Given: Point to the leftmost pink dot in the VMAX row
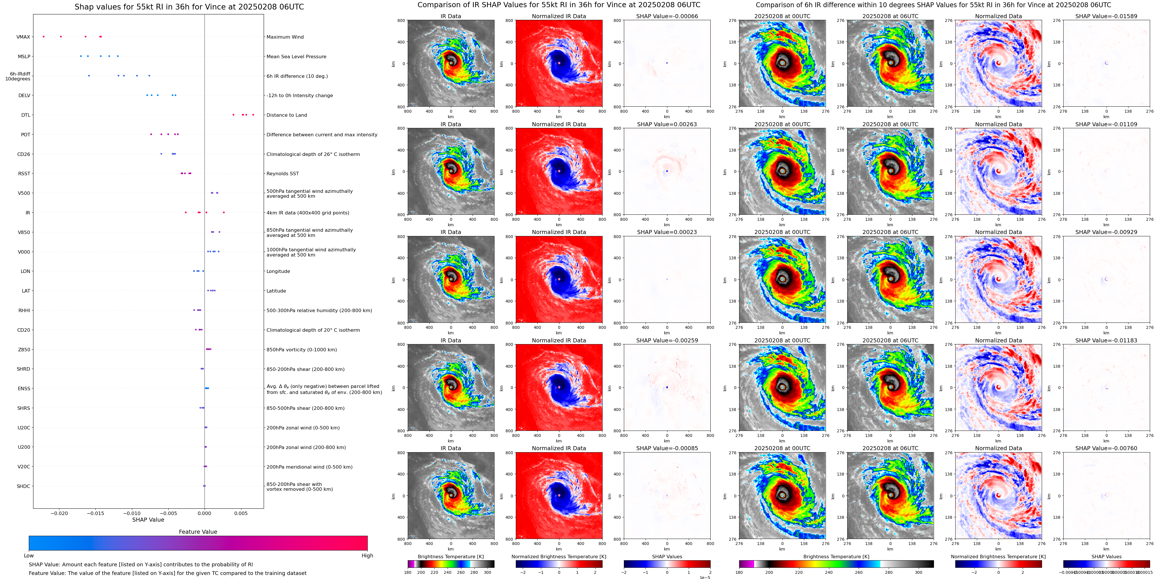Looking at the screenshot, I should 44,36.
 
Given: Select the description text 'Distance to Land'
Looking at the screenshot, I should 286,115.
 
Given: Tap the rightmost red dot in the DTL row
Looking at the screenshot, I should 253,114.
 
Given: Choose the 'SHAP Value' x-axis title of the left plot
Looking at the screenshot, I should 148,520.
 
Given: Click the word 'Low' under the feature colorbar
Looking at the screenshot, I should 29,556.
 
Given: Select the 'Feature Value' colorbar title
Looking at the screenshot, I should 198,532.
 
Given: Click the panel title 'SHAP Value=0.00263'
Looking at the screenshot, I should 667,125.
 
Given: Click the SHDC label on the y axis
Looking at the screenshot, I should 23,486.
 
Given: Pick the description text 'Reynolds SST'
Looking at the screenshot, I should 282,173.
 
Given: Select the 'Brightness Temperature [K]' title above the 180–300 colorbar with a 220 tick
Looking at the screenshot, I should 450,557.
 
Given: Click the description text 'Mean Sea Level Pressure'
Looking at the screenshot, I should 296,56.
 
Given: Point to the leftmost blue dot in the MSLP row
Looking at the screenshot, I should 81,56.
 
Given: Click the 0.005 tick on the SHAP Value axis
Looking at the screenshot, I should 241,513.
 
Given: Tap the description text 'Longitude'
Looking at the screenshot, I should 278,271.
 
